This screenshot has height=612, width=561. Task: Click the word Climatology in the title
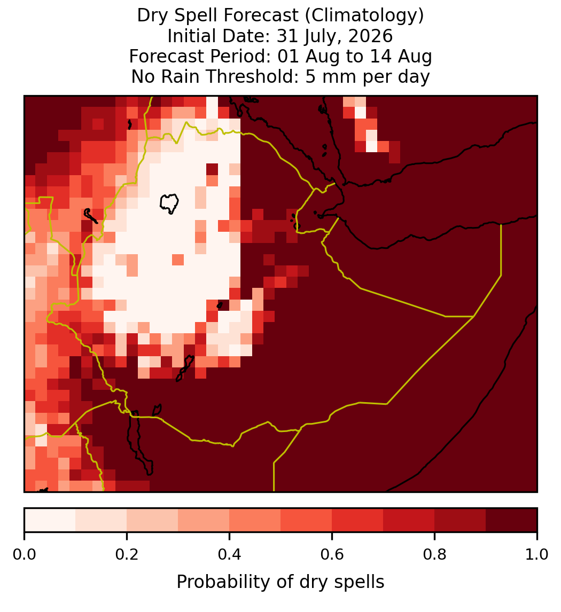pyautogui.click(x=362, y=15)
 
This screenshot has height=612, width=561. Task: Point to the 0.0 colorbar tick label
pyautogui.click(x=24, y=554)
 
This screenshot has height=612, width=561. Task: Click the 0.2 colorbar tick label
pyautogui.click(x=127, y=554)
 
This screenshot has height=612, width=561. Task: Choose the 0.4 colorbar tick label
pyautogui.click(x=230, y=554)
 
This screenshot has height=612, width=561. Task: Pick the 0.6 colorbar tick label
pyautogui.click(x=332, y=554)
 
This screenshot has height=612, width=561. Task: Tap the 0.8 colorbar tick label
pyautogui.click(x=434, y=554)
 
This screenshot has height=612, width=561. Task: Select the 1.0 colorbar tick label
pyautogui.click(x=537, y=554)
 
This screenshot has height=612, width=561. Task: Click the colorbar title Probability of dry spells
pyautogui.click(x=280, y=582)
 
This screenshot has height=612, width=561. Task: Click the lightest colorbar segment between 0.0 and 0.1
pyautogui.click(x=50, y=520)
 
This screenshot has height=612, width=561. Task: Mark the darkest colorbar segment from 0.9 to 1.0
pyautogui.click(x=511, y=520)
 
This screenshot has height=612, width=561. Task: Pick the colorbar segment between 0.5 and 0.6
pyautogui.click(x=306, y=520)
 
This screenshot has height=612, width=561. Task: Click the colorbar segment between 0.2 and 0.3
pyautogui.click(x=152, y=520)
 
